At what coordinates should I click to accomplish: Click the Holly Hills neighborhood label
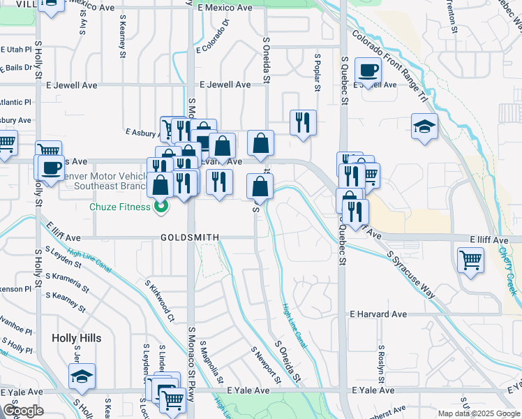tap(76, 338)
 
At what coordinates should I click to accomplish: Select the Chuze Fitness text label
tap(119, 207)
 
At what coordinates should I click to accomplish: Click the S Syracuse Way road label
tap(411, 275)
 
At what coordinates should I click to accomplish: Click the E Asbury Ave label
tap(143, 131)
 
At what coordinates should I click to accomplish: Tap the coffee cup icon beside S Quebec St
tap(368, 70)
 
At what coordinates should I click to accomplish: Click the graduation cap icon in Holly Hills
tap(82, 376)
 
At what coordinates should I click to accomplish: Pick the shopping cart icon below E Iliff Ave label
tap(471, 260)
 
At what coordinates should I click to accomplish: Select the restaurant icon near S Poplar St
tap(303, 122)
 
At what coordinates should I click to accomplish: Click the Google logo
tap(23, 411)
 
